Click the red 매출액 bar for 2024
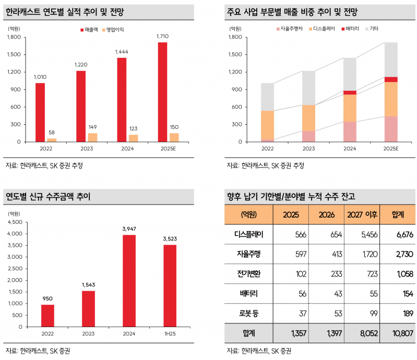122,100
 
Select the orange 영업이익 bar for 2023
92,137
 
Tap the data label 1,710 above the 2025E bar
163,36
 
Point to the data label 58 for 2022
52,133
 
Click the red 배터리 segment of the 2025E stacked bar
391,79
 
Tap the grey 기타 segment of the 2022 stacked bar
268,97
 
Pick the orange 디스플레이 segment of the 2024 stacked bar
350,108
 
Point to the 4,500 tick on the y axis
16,222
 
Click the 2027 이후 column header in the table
361,214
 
